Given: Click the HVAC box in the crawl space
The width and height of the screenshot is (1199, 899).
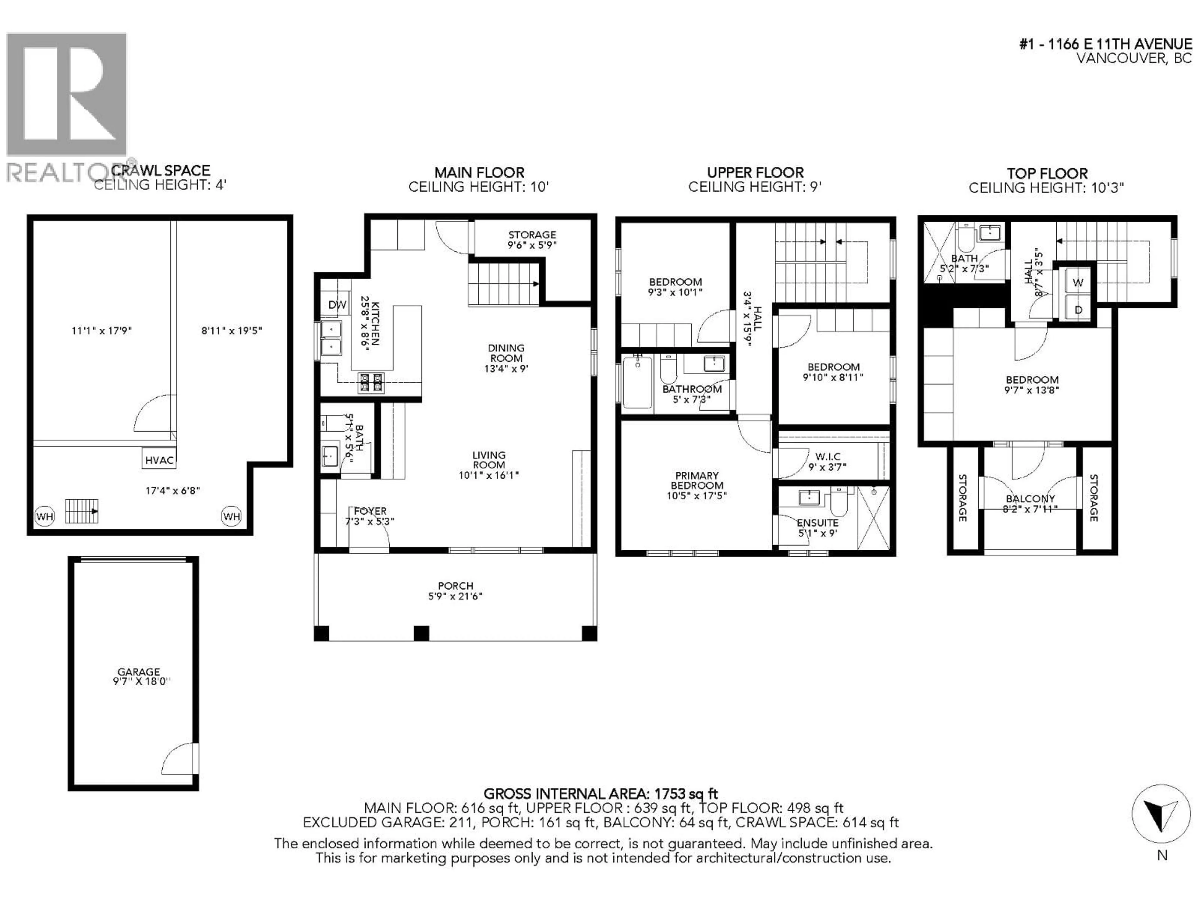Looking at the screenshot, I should [159, 459].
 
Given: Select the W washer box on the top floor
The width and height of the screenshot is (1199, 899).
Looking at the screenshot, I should [1078, 282].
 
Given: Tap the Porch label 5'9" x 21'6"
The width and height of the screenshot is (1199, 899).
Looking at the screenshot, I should [455, 591].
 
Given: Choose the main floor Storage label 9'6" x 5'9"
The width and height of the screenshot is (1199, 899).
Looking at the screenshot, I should [532, 239].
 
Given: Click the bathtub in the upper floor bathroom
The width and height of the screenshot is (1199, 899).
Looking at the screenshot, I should [637, 383].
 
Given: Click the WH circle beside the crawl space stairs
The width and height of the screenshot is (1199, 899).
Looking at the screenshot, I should [44, 516].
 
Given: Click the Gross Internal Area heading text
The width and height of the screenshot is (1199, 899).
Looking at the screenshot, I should [600, 794].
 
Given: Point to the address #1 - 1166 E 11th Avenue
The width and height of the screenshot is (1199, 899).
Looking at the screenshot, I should [1106, 44].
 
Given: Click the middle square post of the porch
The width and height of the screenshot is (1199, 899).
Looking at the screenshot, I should [421, 633].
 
